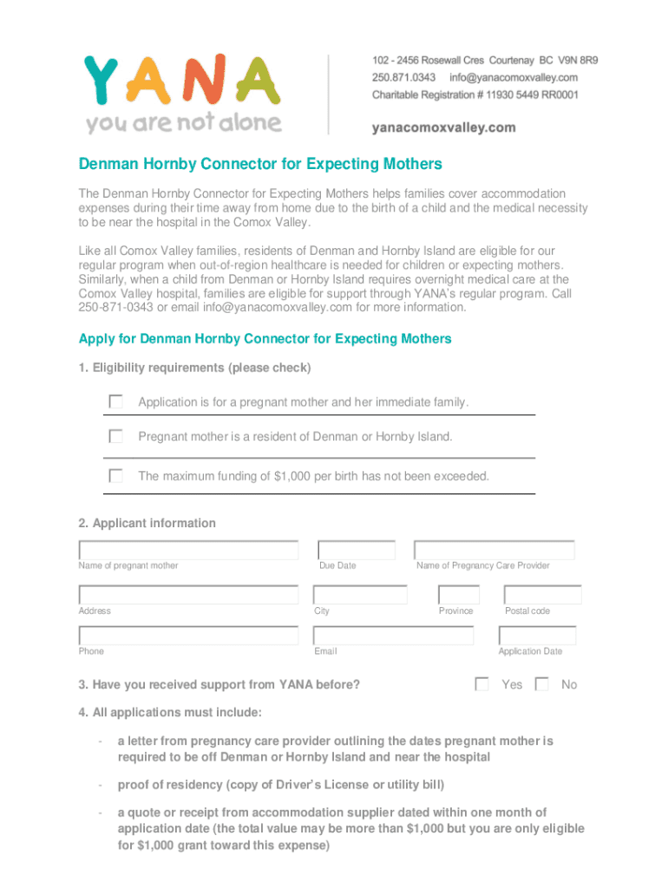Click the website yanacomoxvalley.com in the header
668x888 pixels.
(x=443, y=127)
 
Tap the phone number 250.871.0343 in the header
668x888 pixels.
(x=403, y=77)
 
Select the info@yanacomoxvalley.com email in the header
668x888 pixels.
(x=514, y=77)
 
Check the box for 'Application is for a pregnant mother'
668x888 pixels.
(x=115, y=402)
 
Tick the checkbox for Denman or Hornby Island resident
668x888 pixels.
(x=115, y=436)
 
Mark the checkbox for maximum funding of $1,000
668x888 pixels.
(x=115, y=475)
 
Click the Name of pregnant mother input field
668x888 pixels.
(x=188, y=550)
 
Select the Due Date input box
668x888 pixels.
(x=357, y=550)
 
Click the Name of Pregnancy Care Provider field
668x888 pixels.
(x=494, y=550)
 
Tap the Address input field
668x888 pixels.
(x=188, y=595)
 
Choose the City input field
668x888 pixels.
(x=361, y=595)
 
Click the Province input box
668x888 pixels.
(x=458, y=595)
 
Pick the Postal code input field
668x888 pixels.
(x=542, y=595)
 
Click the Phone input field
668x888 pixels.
(x=188, y=636)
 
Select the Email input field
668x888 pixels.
(x=394, y=636)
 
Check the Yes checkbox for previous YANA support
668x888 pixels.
(x=482, y=684)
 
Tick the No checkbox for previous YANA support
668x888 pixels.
(x=542, y=684)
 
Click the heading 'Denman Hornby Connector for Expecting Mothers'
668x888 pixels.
(x=260, y=164)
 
